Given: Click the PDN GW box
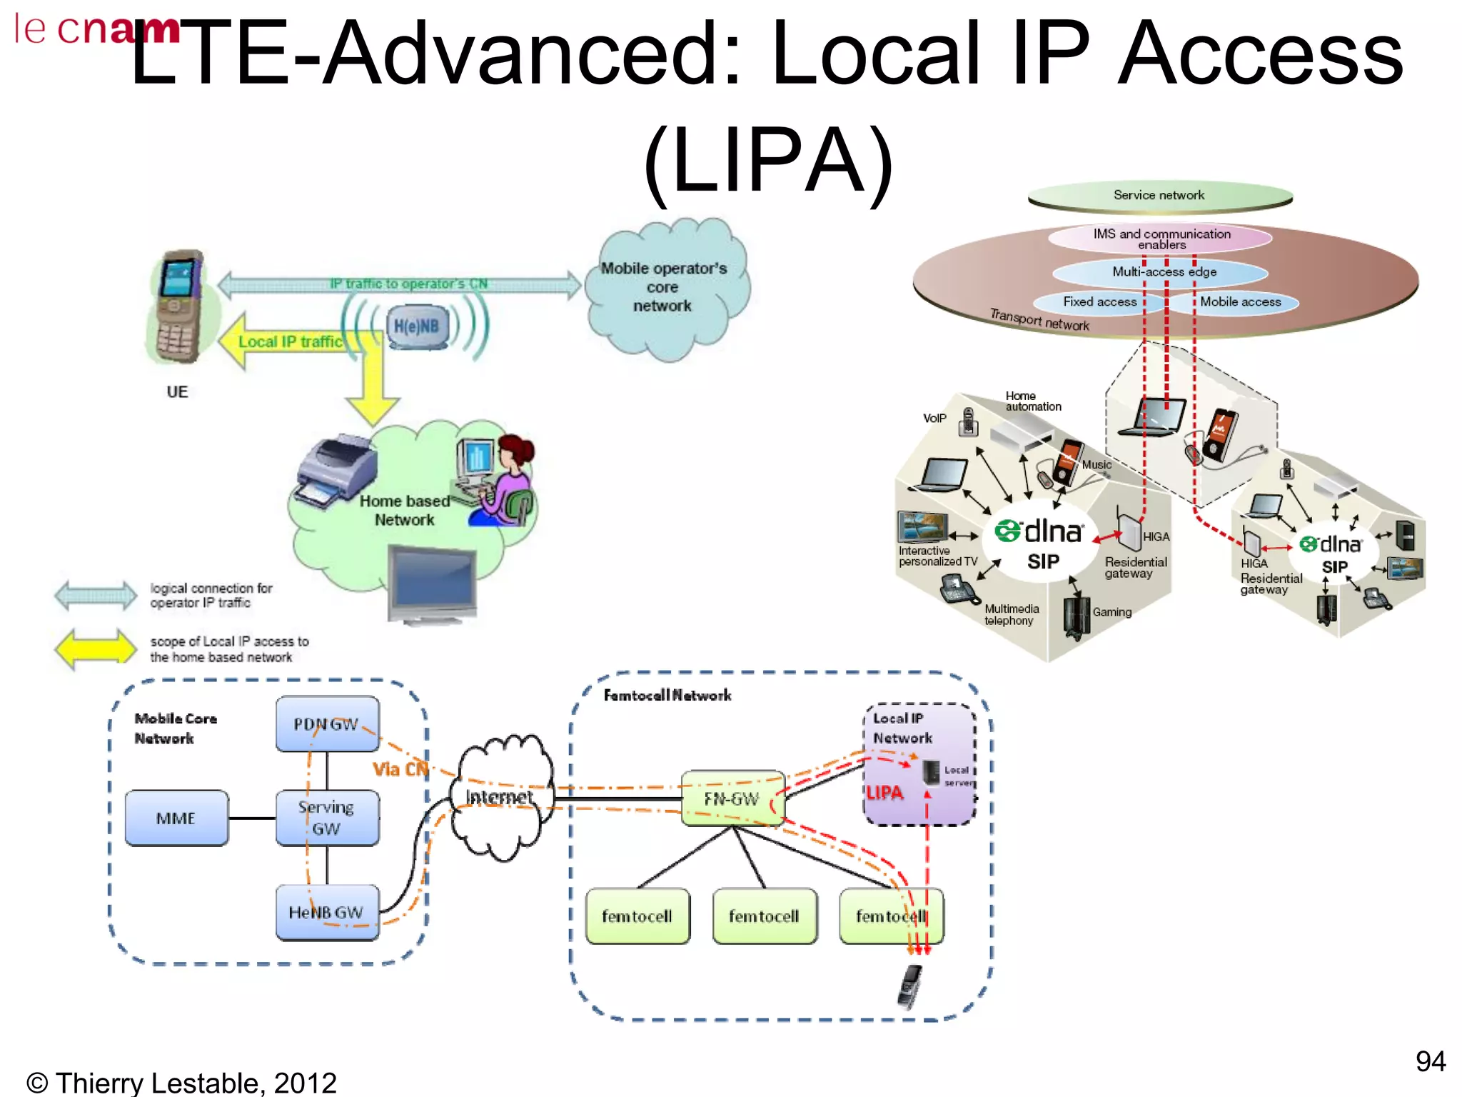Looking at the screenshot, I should pos(327,723).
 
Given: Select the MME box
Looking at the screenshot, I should pos(176,818).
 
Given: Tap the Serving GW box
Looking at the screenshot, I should pos(327,818).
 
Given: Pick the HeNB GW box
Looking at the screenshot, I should pos(327,912).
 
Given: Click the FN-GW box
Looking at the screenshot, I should pos(732,798).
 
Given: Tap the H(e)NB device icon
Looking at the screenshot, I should pos(417,327).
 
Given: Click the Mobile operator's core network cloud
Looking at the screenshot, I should pos(664,289).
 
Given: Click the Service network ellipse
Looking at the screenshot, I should pos(1159,196).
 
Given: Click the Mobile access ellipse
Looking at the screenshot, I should pos(1241,302).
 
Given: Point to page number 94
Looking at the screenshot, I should pos(1430,1061).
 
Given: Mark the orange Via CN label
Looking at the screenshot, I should pos(400,769).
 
